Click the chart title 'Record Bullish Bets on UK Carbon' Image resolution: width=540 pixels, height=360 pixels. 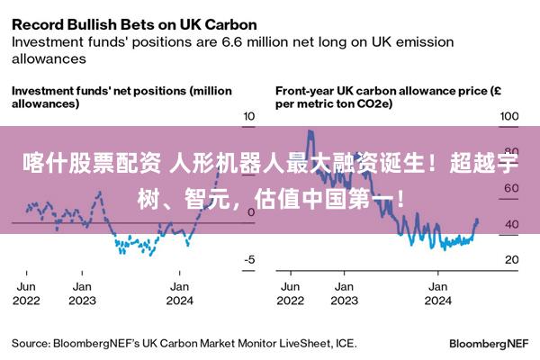[134, 23]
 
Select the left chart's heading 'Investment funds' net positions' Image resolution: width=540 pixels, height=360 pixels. [121, 97]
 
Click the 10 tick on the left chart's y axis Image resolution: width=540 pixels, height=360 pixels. [250, 116]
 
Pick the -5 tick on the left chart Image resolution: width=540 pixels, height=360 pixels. [250, 260]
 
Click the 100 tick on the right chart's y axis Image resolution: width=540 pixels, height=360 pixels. [509, 116]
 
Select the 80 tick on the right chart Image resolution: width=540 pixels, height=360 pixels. [509, 152]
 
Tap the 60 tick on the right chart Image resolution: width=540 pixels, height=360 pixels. [509, 188]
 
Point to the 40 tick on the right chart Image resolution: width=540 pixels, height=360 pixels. [509, 224]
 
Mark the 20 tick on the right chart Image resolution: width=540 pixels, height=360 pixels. [509, 260]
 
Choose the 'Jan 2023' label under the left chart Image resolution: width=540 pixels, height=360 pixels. [82, 293]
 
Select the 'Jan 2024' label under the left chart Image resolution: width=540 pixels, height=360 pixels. [180, 293]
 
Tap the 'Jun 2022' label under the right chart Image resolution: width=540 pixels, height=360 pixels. [291, 293]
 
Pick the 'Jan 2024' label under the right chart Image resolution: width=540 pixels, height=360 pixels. [438, 293]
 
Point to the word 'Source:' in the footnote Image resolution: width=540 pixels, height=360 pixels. [31, 344]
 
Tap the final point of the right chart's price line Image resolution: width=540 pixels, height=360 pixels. [477, 220]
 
